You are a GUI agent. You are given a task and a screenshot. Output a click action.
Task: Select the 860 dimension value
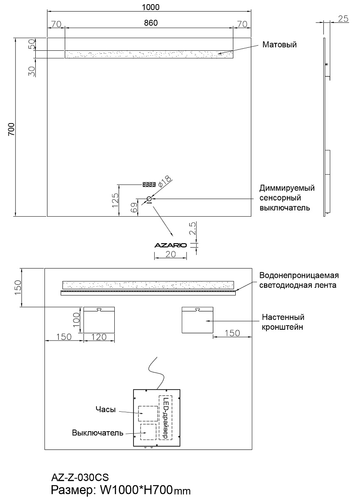click(150, 23)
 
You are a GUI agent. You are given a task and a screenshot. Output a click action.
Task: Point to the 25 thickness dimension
click(343, 18)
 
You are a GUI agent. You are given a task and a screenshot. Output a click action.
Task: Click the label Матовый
click(279, 44)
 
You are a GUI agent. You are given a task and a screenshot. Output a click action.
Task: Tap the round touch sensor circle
click(149, 199)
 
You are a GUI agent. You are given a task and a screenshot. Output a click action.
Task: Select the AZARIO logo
click(170, 245)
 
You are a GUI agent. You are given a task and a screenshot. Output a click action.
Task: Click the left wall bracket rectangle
click(99, 320)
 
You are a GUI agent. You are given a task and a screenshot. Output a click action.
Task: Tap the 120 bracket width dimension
click(99, 337)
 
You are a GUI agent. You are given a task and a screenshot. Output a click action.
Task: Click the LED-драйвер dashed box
click(165, 417)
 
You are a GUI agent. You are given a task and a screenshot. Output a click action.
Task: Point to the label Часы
click(105, 410)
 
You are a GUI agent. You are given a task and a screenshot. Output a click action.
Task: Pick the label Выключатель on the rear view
click(98, 432)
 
